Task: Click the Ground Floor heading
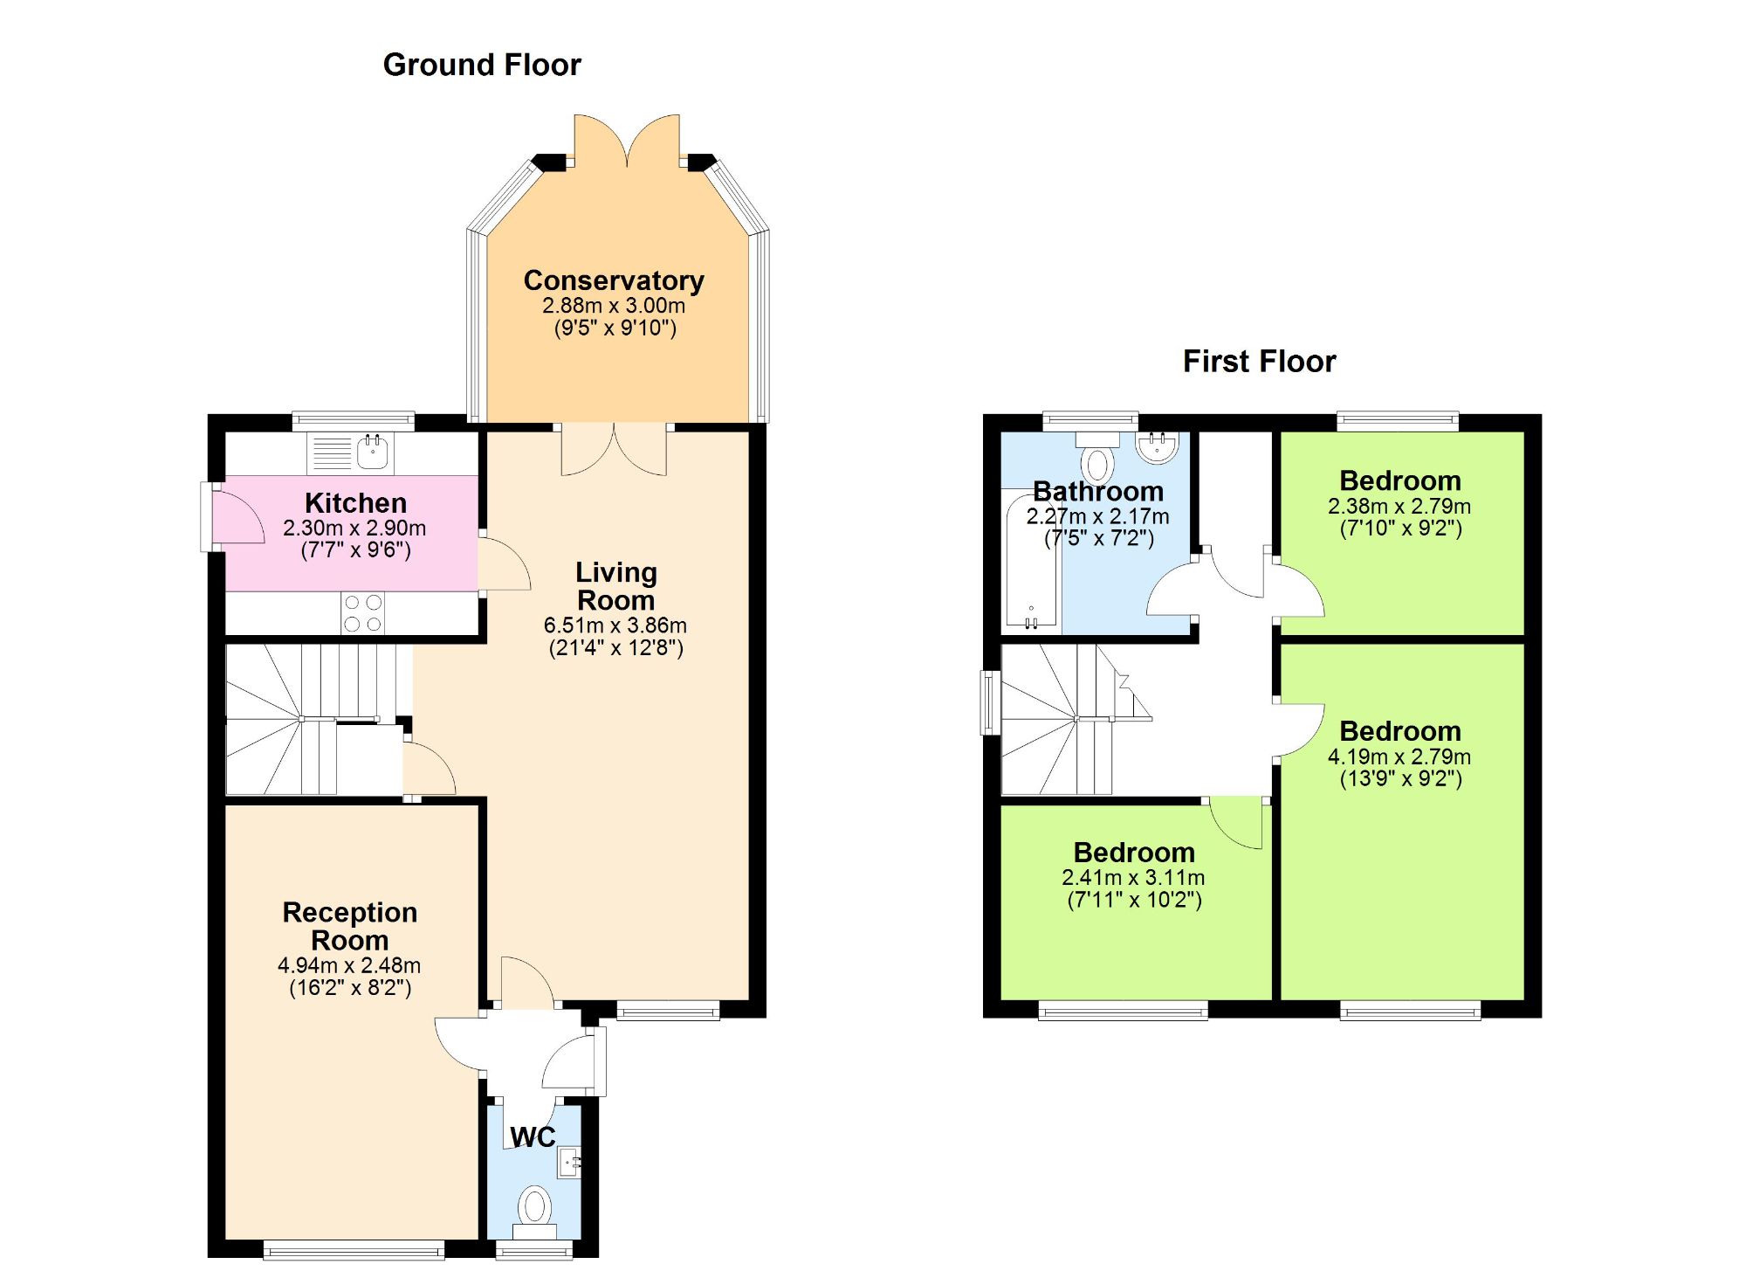pos(482,65)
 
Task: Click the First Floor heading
pos(1258,362)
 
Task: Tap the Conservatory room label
pos(614,280)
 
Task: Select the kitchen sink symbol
pos(374,452)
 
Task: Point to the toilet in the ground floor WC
pos(534,1210)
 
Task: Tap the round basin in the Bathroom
pos(1158,446)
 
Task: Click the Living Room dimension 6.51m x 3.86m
pos(615,625)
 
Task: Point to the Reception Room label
pos(349,926)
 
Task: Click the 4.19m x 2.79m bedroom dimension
pos(1399,756)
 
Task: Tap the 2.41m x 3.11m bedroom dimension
pos(1133,878)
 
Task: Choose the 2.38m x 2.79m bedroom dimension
pos(1399,506)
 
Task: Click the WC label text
pos(533,1136)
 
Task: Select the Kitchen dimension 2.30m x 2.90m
pos(354,528)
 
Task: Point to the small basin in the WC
pos(570,1162)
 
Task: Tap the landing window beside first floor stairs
pos(989,702)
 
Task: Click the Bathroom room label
pos(1097,491)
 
